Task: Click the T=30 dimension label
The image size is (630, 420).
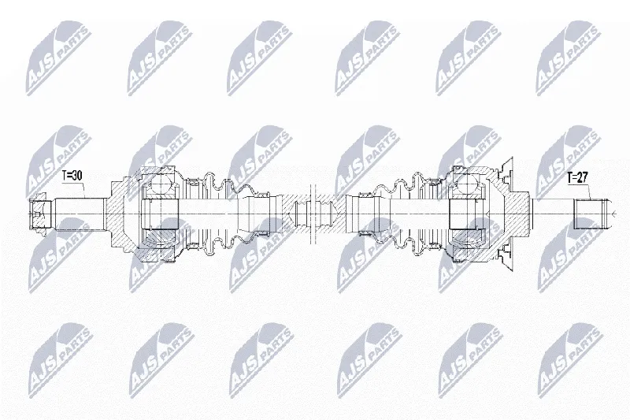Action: (x=72, y=175)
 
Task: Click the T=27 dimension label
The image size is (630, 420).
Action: (x=577, y=178)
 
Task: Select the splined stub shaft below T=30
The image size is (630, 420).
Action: (x=80, y=214)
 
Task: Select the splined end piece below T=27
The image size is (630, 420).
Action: (x=588, y=214)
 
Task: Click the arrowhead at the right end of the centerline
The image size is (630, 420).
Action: (x=613, y=214)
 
